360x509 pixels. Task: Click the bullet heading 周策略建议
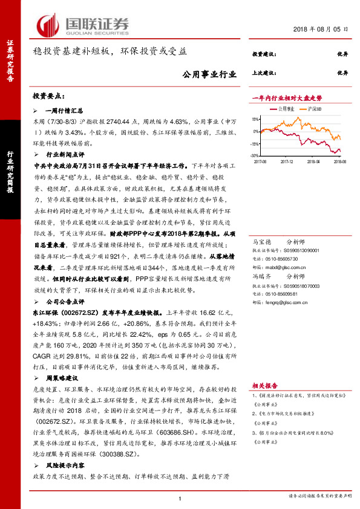point(62,377)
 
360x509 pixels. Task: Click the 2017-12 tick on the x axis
point(287,161)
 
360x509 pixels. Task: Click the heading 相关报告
point(264,384)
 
